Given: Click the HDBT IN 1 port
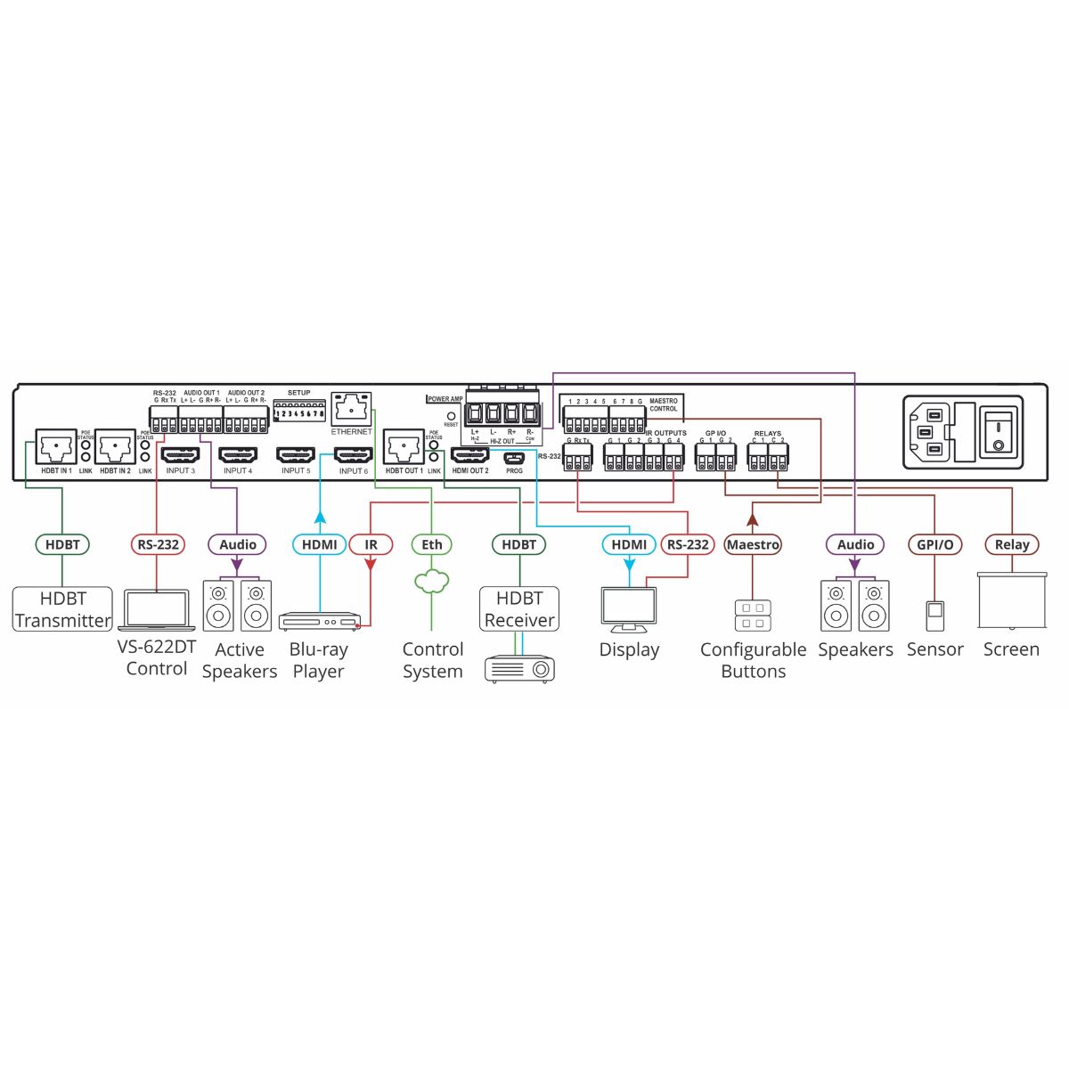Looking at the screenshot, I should point(56,447).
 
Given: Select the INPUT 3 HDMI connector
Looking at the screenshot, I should point(180,454).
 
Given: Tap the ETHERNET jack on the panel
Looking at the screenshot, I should point(351,410).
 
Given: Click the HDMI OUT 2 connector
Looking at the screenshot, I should point(469,455).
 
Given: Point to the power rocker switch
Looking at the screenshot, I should point(1000,432).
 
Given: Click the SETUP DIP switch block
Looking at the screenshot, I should point(299,412).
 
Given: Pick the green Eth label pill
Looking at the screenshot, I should point(431,544).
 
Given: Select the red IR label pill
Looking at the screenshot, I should point(371,544).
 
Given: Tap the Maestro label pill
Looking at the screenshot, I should point(753,544).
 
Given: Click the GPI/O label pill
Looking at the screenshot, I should point(934,544).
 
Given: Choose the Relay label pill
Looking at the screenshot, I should point(1012,544).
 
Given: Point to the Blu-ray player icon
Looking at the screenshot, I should point(319,621).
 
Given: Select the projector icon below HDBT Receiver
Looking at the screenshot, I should point(519,668).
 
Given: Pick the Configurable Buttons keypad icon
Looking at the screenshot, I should point(753,616).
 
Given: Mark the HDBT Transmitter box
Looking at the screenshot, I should point(62,609).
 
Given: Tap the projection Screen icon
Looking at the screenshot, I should point(1012,601).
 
